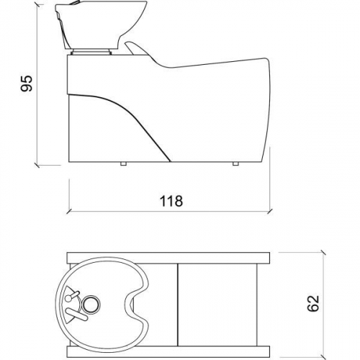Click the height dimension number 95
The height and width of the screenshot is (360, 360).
click(x=27, y=84)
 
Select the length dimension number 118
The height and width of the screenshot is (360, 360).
click(x=170, y=201)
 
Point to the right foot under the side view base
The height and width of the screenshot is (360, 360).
click(x=235, y=164)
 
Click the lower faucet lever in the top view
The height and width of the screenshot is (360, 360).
click(x=73, y=312)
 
